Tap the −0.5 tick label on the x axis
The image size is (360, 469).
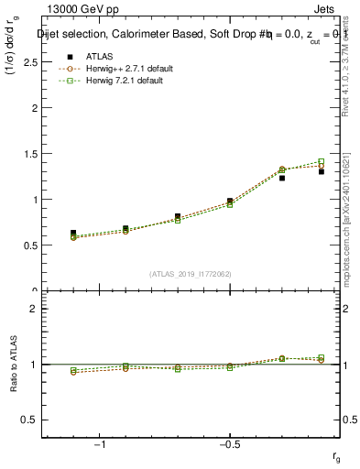pyautogui.click(x=229, y=444)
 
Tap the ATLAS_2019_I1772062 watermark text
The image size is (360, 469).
pyautogui.click(x=191, y=273)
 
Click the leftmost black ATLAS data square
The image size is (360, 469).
pyautogui.click(x=73, y=233)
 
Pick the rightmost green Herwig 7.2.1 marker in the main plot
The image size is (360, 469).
pyautogui.click(x=321, y=162)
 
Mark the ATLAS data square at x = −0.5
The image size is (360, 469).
pyautogui.click(x=230, y=201)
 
